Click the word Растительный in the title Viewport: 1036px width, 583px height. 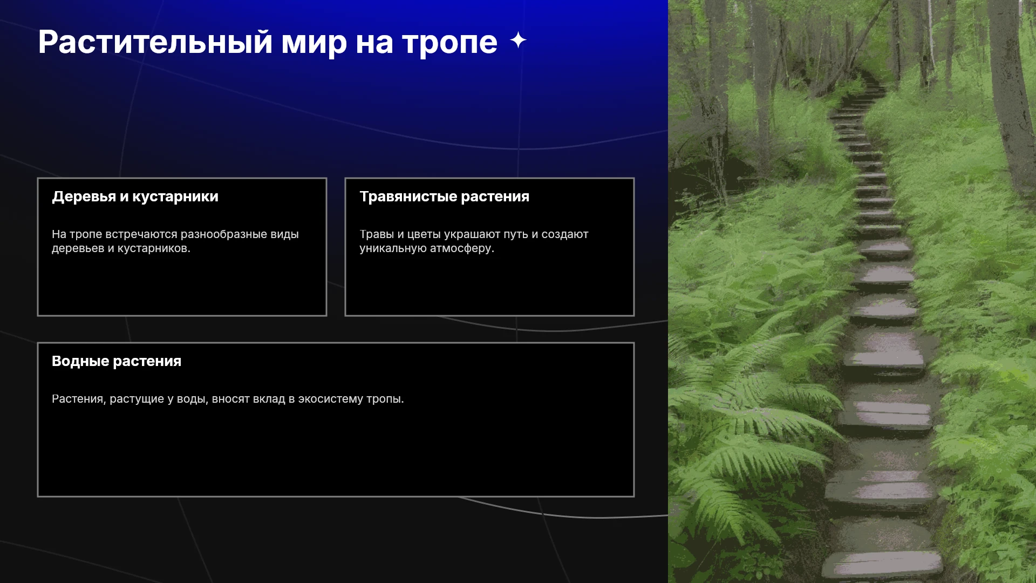[x=155, y=42]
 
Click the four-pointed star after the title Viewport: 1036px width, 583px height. [x=518, y=40]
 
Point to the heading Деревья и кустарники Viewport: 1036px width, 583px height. [x=135, y=196]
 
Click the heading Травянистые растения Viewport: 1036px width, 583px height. [x=444, y=196]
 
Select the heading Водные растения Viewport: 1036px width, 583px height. [x=117, y=361]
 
